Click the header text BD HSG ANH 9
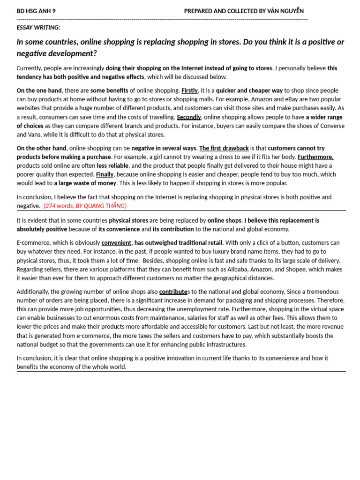36,11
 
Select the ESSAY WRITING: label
38,28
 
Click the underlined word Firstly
189,90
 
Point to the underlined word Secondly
189,117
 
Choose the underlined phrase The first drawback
224,148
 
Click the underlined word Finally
105,174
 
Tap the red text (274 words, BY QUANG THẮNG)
85,206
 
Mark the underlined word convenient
116,243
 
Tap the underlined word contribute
173,292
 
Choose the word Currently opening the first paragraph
30,68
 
